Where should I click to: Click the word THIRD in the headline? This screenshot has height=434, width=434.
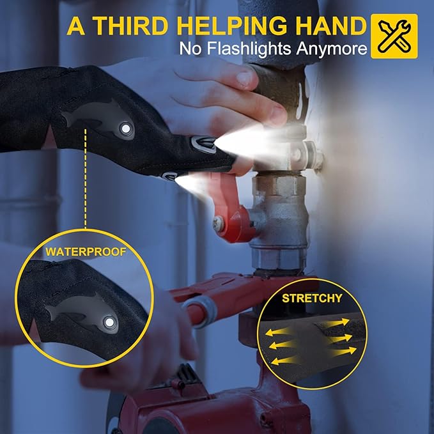pyautogui.click(x=129, y=26)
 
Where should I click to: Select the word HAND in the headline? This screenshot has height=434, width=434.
pyautogui.click(x=331, y=26)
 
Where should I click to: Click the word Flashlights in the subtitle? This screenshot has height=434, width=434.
pyautogui.click(x=249, y=49)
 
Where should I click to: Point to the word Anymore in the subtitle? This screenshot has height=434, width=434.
pyautogui.click(x=332, y=49)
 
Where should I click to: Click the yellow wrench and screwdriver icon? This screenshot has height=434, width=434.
pyautogui.click(x=394, y=36)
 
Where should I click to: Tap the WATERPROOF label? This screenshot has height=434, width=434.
pyautogui.click(x=86, y=252)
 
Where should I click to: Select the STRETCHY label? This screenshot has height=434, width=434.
pyautogui.click(x=312, y=298)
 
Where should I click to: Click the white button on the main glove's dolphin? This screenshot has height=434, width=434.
pyautogui.click(x=126, y=128)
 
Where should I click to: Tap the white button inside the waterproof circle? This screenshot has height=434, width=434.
pyautogui.click(x=109, y=322)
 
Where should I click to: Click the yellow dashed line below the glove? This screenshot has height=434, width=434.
pyautogui.click(x=86, y=178)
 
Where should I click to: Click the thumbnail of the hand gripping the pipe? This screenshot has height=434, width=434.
pyautogui.click(x=244, y=78)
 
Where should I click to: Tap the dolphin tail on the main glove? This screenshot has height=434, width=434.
pyautogui.click(x=67, y=118)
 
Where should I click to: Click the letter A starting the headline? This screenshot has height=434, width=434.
pyautogui.click(x=76, y=26)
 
